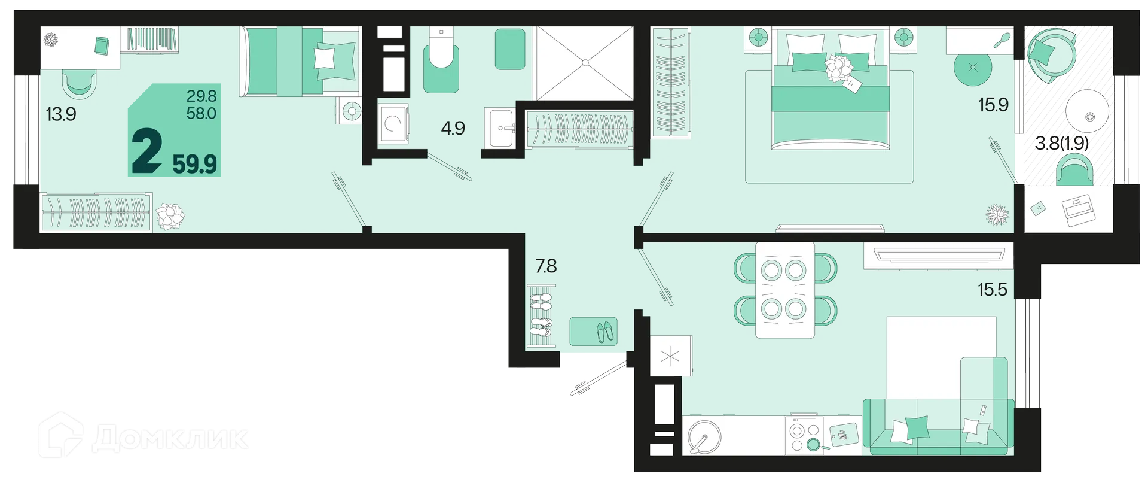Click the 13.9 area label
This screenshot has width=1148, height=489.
[x=61, y=114]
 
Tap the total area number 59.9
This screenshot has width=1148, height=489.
[x=195, y=163]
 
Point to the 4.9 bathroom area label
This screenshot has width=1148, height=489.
[x=453, y=128]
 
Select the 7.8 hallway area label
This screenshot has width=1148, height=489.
[x=546, y=266]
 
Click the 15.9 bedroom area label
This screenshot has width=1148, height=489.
[x=993, y=105]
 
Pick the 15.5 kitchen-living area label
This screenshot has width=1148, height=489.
[x=993, y=290]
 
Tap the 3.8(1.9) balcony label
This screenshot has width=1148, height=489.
[x=1062, y=143]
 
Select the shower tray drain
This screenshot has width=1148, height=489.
[x=585, y=62]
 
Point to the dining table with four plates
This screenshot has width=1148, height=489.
[x=784, y=290]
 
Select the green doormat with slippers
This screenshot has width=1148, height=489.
[x=593, y=331]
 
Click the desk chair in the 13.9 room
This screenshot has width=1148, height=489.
[x=79, y=84]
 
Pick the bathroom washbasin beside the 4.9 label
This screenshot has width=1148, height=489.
[x=500, y=127]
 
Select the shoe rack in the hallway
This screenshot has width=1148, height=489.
[x=541, y=317]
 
